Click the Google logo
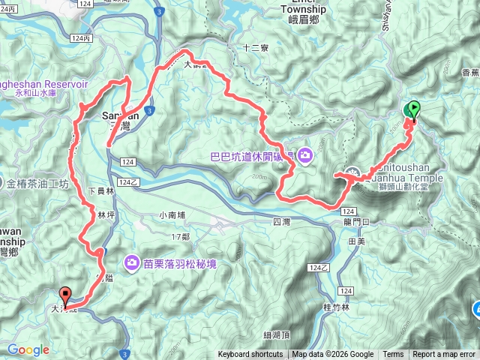(28, 349)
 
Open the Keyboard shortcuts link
(250, 355)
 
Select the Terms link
(393, 355)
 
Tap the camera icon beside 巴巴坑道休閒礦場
(305, 156)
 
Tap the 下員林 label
(100, 192)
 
